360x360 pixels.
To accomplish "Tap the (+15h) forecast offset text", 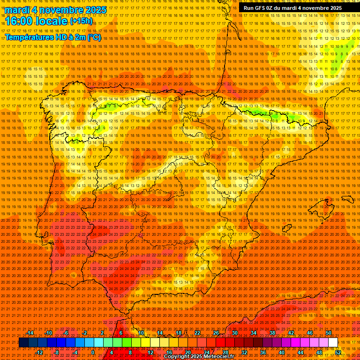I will point(81,21).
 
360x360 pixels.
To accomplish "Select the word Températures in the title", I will point(30,37).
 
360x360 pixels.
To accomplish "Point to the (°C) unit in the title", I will point(94,37).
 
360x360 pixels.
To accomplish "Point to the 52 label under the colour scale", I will point(338,352).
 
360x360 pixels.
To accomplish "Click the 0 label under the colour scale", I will point(93,352).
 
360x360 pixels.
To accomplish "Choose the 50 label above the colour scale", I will point(329,333).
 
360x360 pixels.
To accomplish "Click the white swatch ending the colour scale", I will point(333,343).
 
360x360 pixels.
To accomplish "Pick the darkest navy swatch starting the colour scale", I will point(23,343).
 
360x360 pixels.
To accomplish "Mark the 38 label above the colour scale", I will point(272,333).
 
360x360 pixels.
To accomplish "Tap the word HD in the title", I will point(61,37).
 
